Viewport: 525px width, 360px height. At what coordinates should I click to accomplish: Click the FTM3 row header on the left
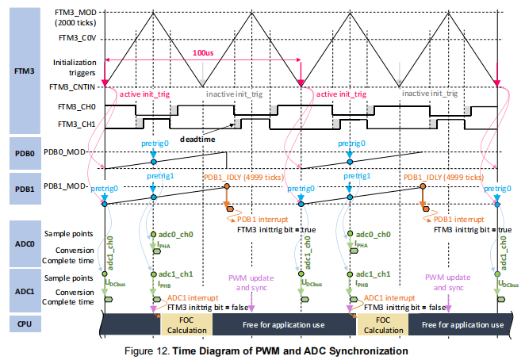pyautogui.click(x=25, y=70)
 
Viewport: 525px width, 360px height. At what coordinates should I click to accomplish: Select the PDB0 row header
pyautogui.click(x=25, y=147)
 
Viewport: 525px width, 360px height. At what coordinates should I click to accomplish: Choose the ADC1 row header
pyautogui.click(x=25, y=287)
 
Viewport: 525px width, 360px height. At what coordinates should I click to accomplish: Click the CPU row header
pyautogui.click(x=25, y=324)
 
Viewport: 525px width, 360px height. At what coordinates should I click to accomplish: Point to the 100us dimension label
pyautogui.click(x=203, y=52)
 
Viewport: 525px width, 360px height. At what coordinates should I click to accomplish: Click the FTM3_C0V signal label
pyautogui.click(x=77, y=36)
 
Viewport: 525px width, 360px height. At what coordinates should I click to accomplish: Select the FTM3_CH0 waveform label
pyautogui.click(x=77, y=105)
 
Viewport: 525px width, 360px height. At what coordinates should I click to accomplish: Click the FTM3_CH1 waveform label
pyautogui.click(x=77, y=124)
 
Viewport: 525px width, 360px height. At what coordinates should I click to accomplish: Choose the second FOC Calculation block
pyautogui.click(x=384, y=324)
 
